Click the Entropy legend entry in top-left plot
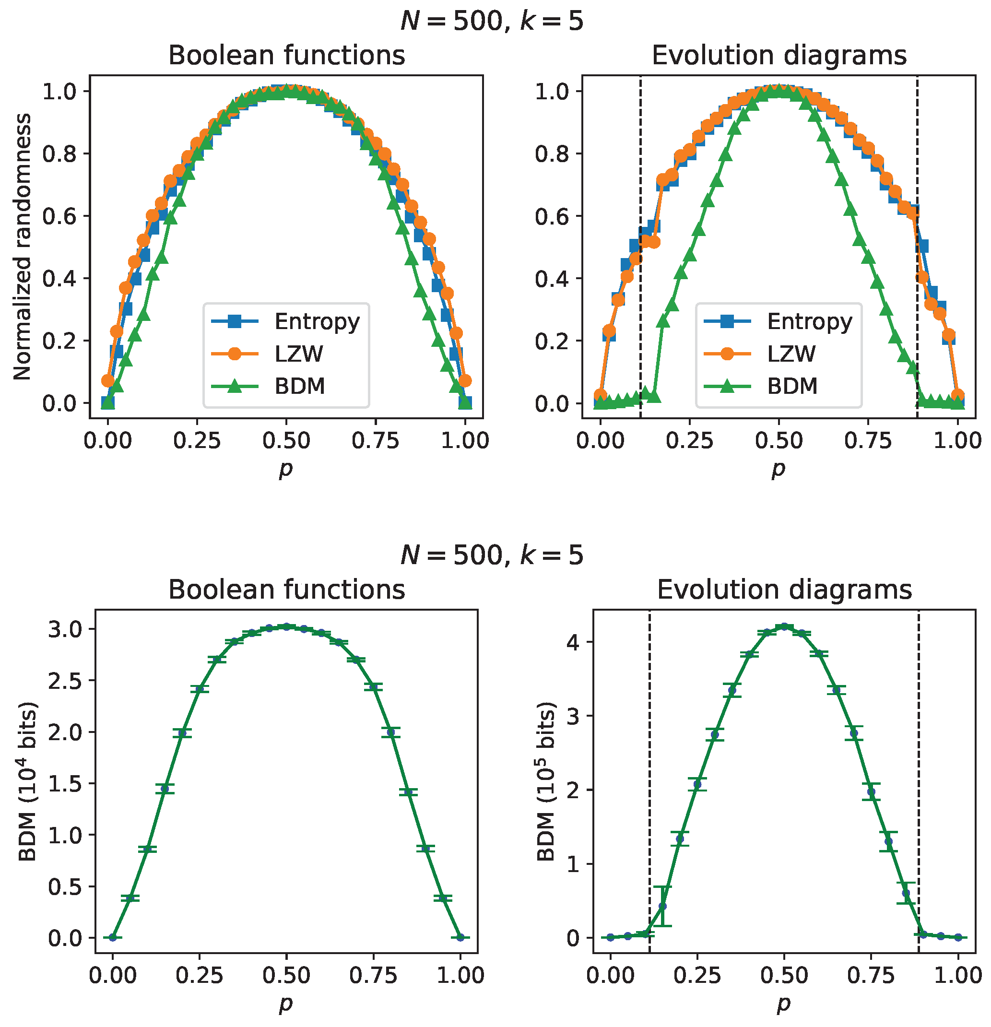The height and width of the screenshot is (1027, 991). pos(317,321)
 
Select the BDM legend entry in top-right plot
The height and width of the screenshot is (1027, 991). pos(792,386)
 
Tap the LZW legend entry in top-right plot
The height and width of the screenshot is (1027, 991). pos(791,354)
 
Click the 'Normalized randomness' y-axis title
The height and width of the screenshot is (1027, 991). pos(23,246)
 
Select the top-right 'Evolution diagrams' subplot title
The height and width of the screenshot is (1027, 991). pos(779,56)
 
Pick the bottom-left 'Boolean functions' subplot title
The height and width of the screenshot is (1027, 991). pos(287,590)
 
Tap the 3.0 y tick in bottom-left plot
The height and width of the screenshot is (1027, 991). pos(66,629)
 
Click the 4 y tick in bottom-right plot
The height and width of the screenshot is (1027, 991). pos(573,642)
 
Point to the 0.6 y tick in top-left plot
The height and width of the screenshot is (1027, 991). pos(59,216)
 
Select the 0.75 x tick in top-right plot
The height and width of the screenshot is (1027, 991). pos(868,441)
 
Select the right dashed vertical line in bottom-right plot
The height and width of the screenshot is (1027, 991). pos(919,786)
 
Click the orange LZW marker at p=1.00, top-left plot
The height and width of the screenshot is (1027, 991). pos(464,380)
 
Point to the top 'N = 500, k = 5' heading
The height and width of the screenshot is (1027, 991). pos(492,22)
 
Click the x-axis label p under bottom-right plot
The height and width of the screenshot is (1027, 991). pos(783,1003)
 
